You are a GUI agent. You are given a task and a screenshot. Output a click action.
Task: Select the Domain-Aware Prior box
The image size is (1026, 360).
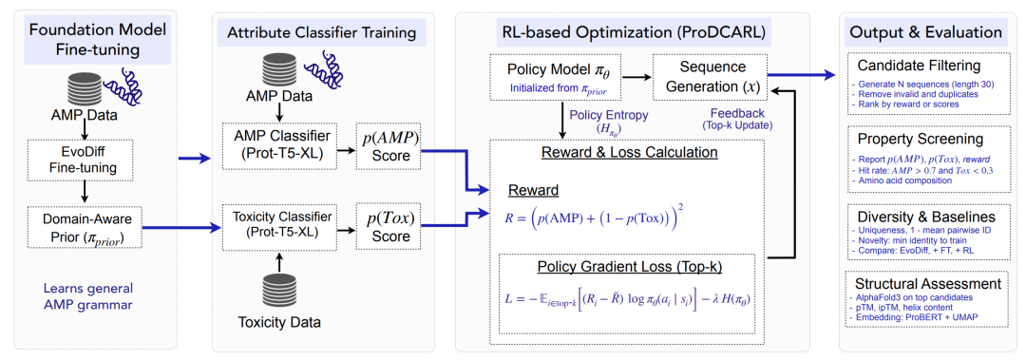tap(85, 228)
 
